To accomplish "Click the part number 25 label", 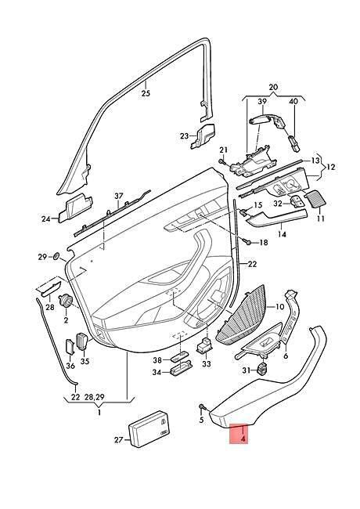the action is coord(146,93).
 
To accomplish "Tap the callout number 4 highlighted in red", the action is coord(243,439).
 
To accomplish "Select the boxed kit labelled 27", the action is coord(149,429).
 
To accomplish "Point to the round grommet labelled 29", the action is coord(56,256).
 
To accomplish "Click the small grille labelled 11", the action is coord(315,199).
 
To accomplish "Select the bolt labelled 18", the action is coord(247,241).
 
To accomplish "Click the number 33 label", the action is coord(207,364).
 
